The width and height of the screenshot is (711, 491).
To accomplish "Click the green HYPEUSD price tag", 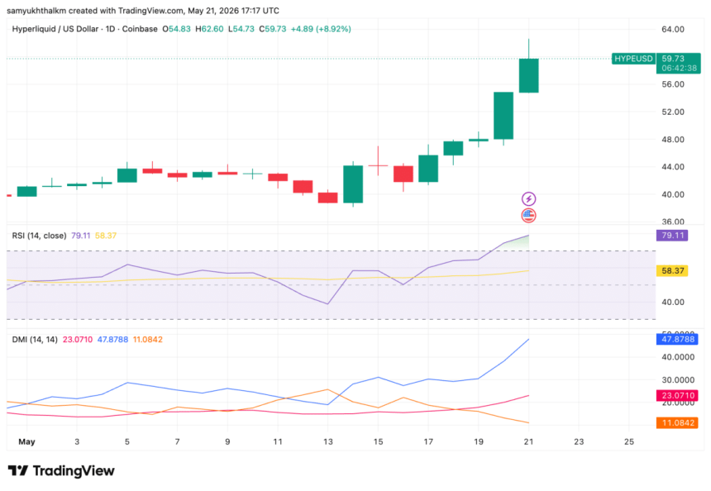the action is pos(633,59).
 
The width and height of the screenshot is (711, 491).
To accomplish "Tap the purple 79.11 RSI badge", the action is pos(672,236).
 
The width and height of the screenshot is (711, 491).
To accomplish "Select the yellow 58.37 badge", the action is pos(672,270).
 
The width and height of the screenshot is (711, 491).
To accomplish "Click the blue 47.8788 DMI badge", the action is pos(677,339).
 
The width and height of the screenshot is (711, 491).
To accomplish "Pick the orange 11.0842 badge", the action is pos(677,423).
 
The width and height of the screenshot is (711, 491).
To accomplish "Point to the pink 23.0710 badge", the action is pos(677,395).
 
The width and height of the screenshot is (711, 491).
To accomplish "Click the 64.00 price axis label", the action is pos(673,30).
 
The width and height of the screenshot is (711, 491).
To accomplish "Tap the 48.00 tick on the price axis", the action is pos(673,139).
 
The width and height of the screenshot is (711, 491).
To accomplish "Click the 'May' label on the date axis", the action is pos(26,441).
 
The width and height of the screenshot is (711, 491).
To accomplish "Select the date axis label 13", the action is pos(328,441).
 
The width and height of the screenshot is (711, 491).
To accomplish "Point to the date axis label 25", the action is pos(629,441).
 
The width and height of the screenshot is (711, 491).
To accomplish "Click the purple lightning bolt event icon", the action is pos(529,198).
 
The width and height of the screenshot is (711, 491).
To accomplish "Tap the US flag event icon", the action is pos(529,216).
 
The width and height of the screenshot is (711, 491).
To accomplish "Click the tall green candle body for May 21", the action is pos(529,76).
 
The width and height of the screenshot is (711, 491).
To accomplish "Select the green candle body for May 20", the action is pos(503,116).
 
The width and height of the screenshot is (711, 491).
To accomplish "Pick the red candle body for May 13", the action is pos(328,198).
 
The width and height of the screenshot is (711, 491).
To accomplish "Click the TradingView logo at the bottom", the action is pos(61,471).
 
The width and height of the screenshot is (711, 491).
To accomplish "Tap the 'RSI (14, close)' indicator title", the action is pos(39,236).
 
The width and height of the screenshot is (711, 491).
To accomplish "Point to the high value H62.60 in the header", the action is pos(209,29).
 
